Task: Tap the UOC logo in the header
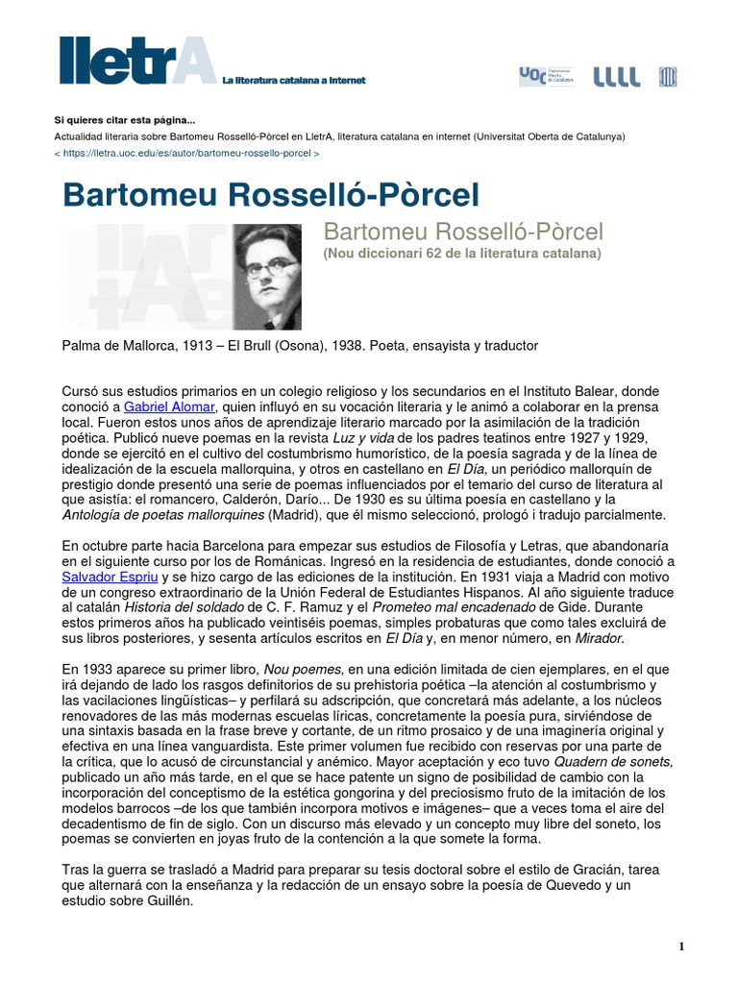coord(547,77)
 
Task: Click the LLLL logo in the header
coord(616,77)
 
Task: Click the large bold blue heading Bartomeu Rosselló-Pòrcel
coord(270,195)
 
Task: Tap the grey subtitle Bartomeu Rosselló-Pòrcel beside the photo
coord(463,232)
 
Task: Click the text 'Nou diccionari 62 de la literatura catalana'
coord(462,254)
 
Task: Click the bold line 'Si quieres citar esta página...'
coord(124,120)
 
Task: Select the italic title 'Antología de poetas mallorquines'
coord(162,515)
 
